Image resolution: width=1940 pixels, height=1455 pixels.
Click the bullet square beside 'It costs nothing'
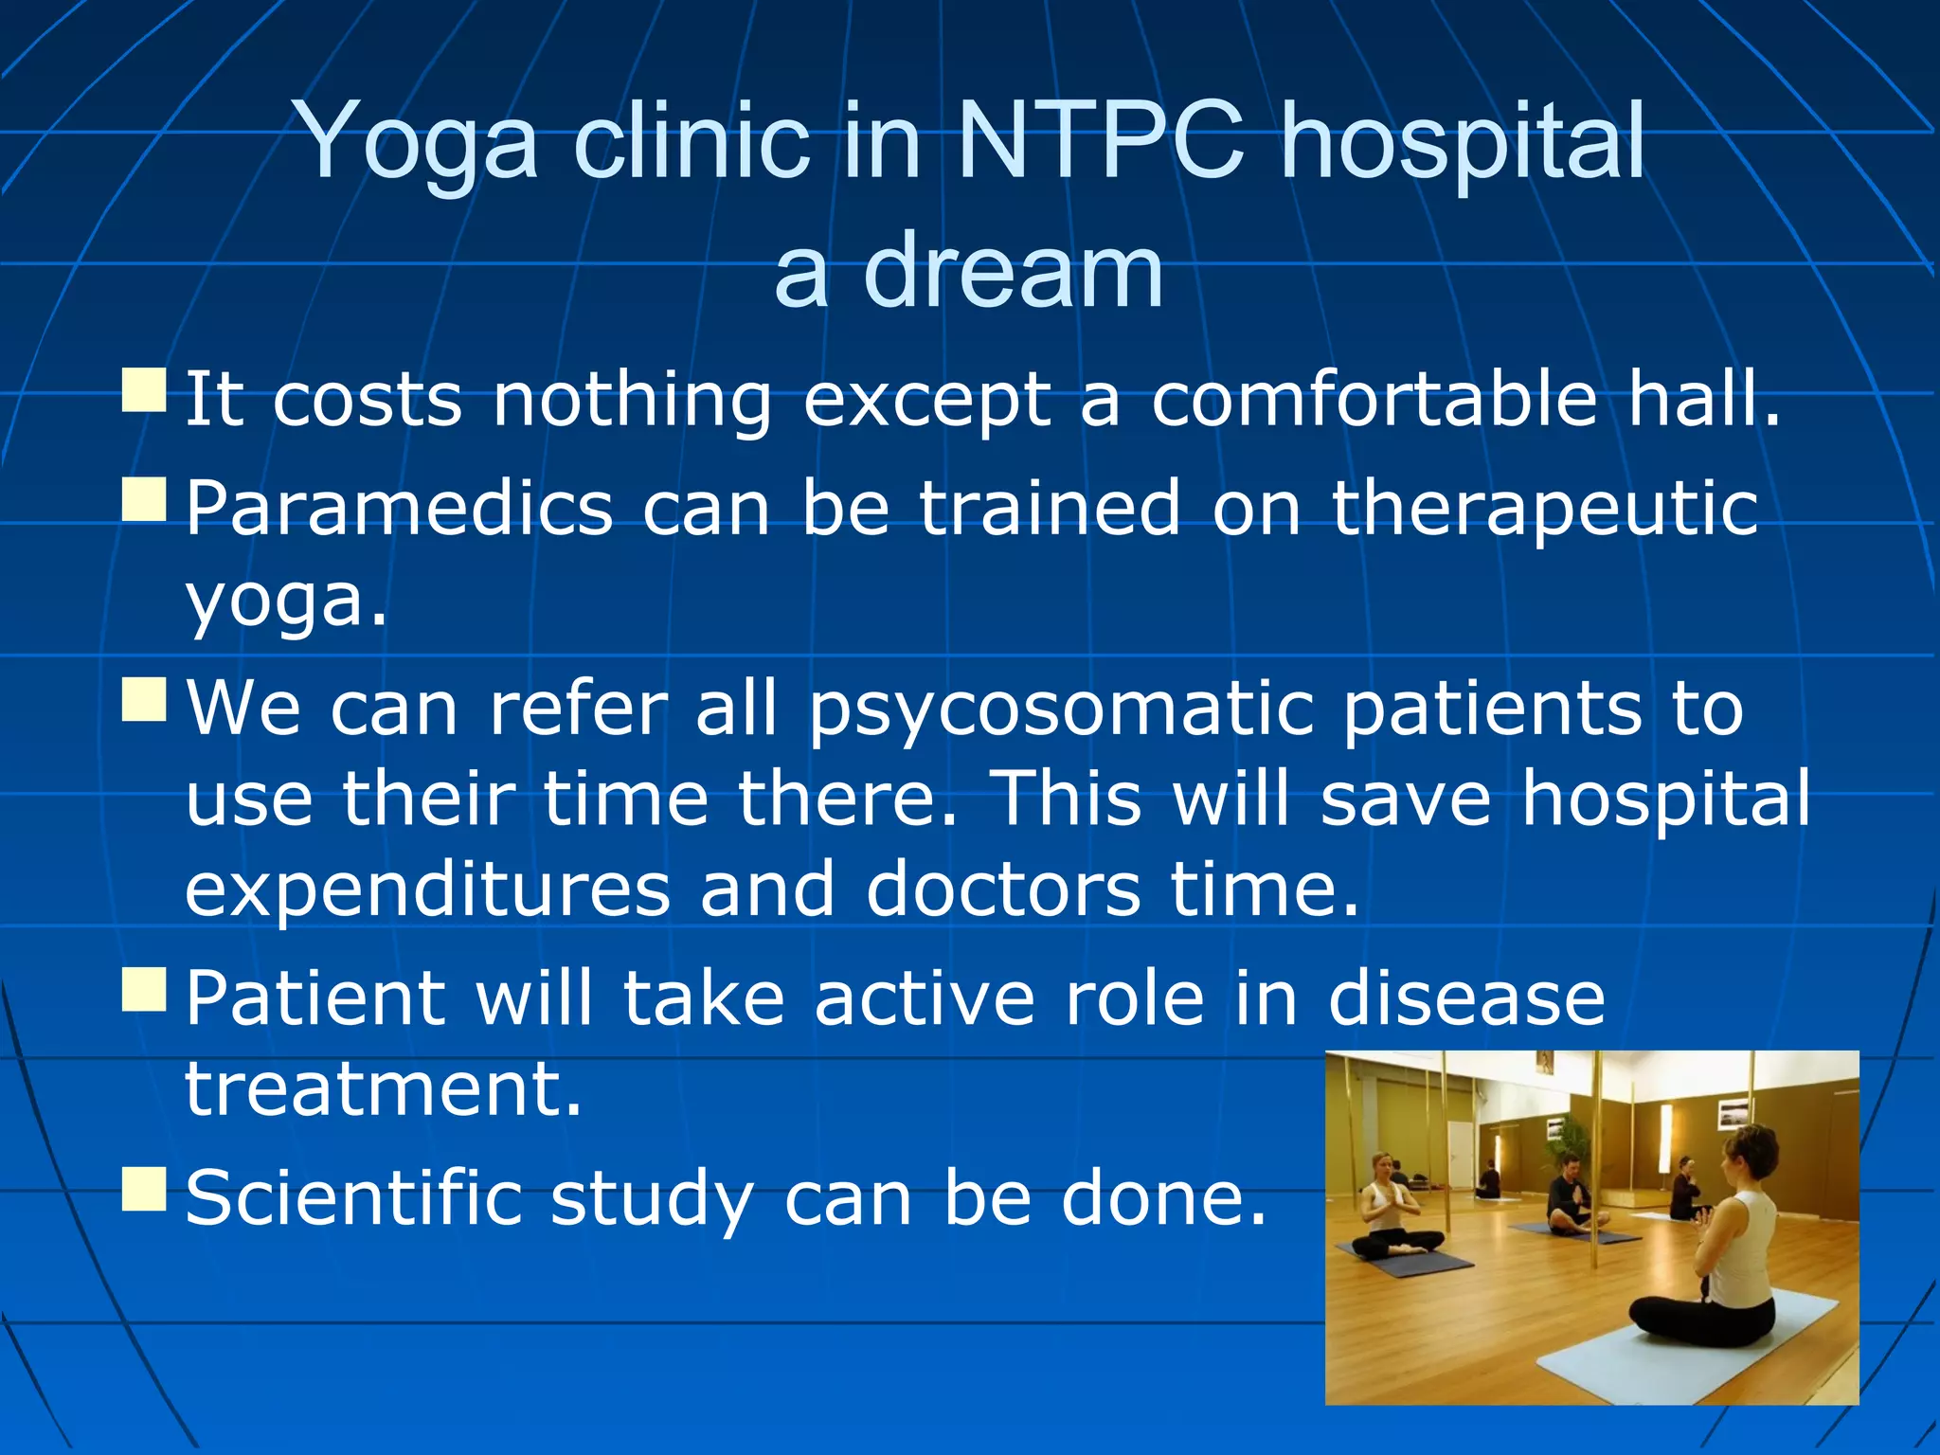[x=145, y=390]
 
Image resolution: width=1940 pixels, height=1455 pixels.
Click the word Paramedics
[x=399, y=508]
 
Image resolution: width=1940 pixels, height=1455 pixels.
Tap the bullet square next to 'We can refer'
[x=145, y=699]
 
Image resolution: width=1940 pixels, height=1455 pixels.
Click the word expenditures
[x=427, y=890]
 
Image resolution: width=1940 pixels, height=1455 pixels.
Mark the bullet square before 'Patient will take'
[x=145, y=989]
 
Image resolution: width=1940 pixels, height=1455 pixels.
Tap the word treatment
[x=383, y=1088]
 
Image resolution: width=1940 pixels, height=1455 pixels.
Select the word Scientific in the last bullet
[x=353, y=1197]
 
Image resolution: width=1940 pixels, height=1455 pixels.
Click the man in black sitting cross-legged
[x=1572, y=1198]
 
